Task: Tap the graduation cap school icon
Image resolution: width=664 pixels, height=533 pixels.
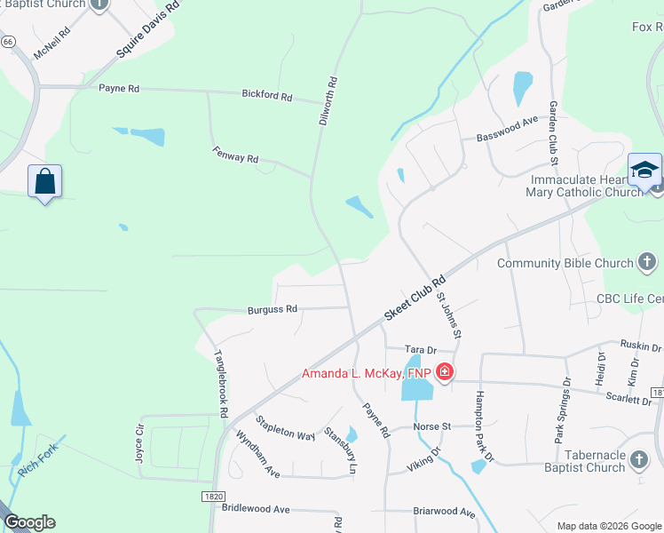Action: tap(645, 169)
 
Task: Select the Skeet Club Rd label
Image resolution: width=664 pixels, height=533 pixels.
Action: tap(414, 298)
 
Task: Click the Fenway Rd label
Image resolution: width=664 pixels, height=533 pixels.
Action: tap(235, 154)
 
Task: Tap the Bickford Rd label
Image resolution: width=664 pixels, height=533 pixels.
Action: tap(267, 94)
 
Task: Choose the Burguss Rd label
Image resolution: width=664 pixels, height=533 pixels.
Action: tap(273, 309)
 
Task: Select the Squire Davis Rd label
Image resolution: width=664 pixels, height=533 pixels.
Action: tap(147, 29)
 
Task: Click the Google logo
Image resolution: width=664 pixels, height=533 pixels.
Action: tap(29, 522)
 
